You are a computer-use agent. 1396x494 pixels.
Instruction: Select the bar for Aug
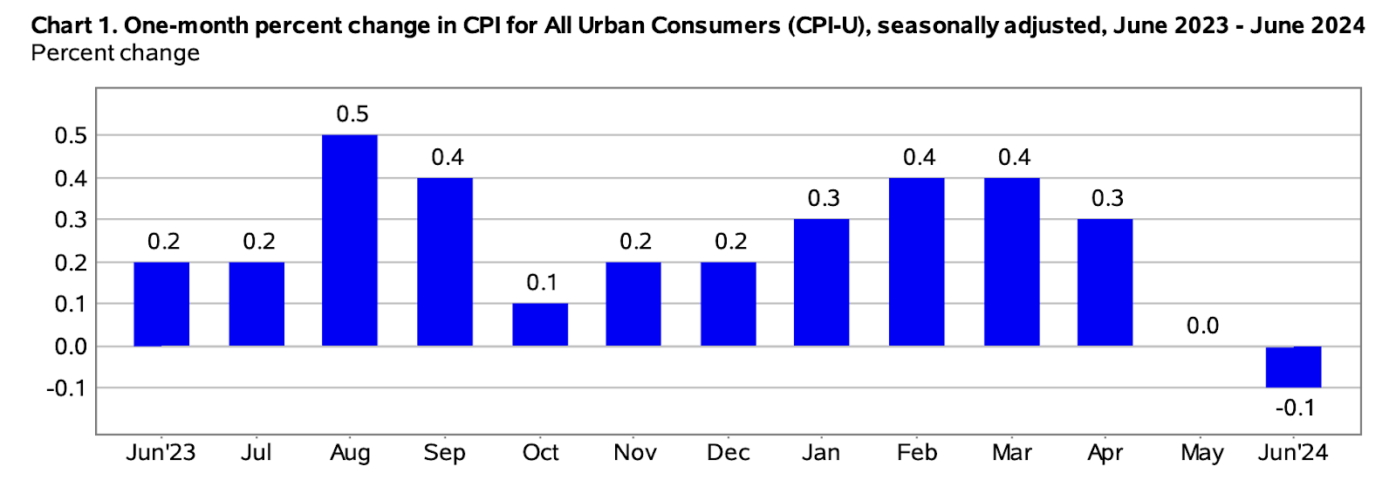coord(350,240)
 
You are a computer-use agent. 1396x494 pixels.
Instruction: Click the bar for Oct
coord(540,325)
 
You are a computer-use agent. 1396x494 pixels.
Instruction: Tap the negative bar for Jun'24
coord(1294,367)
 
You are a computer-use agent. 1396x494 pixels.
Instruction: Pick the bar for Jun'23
coord(161,304)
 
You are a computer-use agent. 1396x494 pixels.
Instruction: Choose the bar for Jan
coord(821,283)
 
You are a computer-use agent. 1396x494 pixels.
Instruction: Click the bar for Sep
coord(445,262)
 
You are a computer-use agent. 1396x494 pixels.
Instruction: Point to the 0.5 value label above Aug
coord(352,114)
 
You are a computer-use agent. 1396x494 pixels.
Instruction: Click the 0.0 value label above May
coord(1203,326)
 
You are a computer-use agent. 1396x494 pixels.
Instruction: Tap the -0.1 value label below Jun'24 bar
coord(1295,408)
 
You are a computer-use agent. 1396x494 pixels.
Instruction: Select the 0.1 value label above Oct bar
coord(542,283)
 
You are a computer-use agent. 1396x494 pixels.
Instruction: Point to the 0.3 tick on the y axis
coord(71,220)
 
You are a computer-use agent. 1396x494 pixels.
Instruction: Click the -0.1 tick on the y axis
coord(66,388)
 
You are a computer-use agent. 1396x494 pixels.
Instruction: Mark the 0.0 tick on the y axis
coord(71,346)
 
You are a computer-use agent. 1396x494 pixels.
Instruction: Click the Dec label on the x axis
coord(729,452)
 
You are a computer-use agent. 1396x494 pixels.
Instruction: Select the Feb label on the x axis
coord(917,452)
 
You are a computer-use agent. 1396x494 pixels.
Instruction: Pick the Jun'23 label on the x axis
coord(161,452)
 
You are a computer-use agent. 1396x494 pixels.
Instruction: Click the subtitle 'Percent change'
coord(115,53)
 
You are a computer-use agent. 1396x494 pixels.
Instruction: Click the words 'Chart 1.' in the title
coord(74,26)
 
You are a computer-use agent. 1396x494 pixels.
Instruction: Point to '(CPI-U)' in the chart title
coord(828,26)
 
